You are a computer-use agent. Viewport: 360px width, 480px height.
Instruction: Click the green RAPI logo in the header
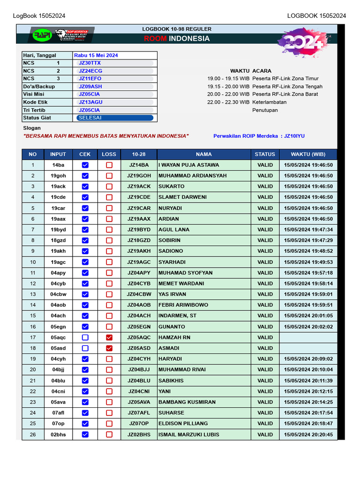click(42, 36)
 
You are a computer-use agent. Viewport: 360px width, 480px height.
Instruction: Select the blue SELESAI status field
click(115, 118)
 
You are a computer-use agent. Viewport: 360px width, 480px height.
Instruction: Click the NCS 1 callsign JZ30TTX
click(90, 63)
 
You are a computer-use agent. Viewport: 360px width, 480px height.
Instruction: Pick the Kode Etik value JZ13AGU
click(90, 102)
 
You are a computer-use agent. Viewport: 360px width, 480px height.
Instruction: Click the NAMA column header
click(204, 154)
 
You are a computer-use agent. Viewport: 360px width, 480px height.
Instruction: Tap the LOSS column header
click(109, 154)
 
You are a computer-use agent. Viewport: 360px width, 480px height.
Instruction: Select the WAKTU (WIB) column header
click(308, 154)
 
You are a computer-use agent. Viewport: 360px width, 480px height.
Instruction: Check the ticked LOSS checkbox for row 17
click(109, 337)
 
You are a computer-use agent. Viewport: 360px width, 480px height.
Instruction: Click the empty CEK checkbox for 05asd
click(85, 348)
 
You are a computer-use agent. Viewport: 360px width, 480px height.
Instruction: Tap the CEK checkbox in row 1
click(85, 165)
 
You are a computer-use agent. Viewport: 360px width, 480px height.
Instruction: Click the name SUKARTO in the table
click(172, 187)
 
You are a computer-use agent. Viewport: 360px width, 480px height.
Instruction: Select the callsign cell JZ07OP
click(139, 424)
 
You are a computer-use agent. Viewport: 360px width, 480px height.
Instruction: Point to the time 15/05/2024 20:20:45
click(308, 435)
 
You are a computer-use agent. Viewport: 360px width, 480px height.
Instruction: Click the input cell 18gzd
click(58, 240)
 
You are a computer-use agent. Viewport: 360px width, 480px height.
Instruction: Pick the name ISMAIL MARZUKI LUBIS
click(189, 435)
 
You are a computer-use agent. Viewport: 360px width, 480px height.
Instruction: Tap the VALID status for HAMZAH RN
click(265, 337)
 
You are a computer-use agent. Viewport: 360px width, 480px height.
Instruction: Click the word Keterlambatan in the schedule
click(270, 102)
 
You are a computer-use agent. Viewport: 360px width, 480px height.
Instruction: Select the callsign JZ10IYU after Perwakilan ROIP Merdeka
click(294, 136)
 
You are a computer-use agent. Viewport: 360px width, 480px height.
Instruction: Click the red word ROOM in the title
click(155, 38)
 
